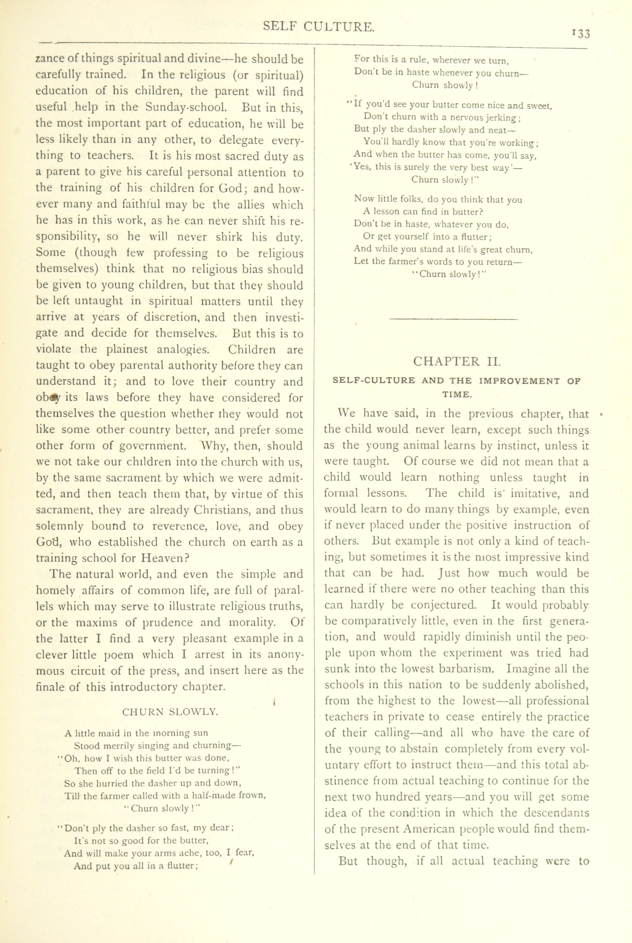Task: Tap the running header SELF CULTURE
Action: pos(319,27)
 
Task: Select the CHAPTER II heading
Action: pos(457,361)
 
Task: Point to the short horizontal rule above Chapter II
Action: pos(454,320)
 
